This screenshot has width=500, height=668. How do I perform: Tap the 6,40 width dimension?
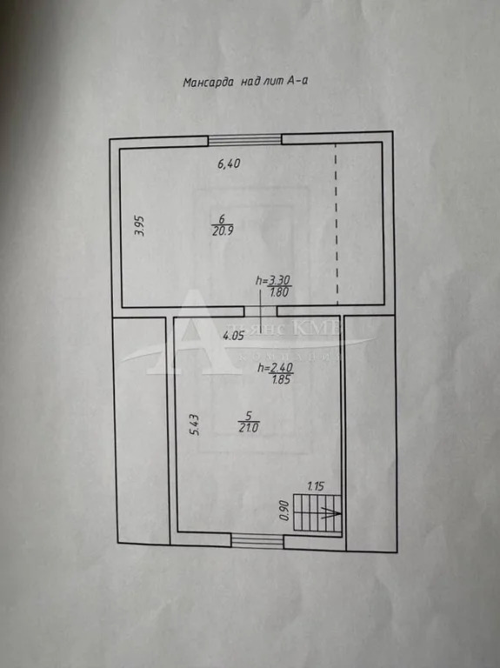228,163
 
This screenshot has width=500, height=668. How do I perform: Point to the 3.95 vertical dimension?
139,226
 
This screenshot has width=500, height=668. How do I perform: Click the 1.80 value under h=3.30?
279,292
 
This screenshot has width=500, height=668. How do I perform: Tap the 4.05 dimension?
233,336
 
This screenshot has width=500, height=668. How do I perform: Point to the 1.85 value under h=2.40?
281,379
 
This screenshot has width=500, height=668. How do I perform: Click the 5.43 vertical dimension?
196,424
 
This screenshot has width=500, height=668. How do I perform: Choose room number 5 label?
249,415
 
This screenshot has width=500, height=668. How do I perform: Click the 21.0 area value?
249,427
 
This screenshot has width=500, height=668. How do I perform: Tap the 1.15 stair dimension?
315,486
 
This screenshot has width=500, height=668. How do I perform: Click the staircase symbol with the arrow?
317,513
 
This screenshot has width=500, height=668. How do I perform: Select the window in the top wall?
244,139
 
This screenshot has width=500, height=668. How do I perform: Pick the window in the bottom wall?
257,541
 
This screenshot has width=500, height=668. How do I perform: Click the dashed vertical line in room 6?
337,222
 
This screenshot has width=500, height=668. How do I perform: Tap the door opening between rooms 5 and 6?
254,311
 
